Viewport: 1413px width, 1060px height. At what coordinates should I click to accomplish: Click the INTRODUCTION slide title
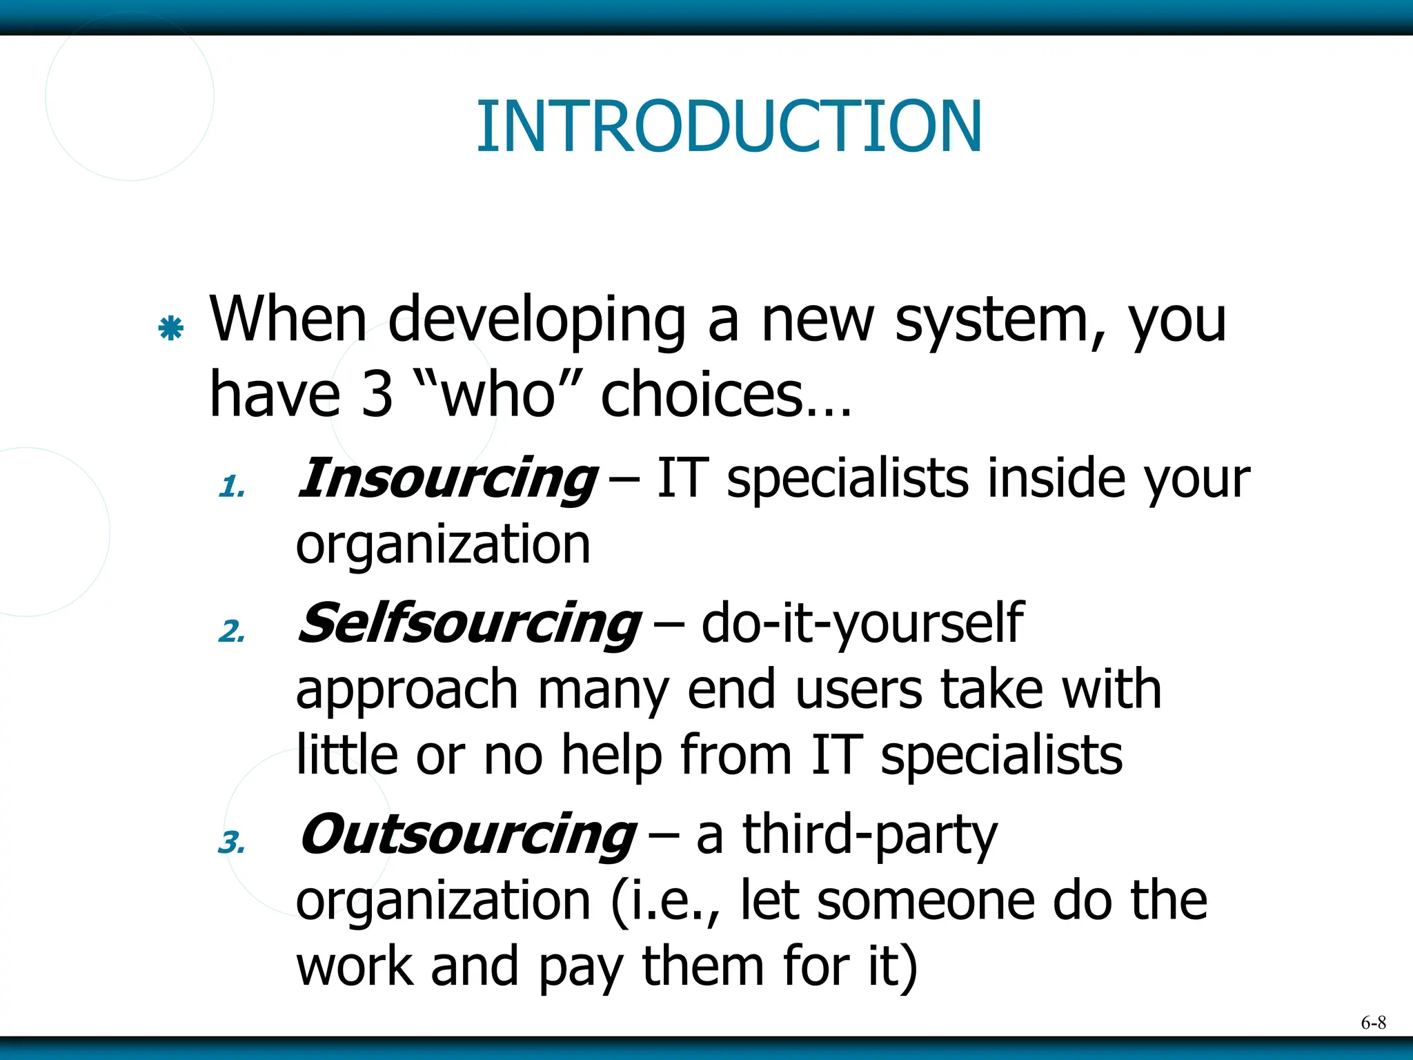click(729, 126)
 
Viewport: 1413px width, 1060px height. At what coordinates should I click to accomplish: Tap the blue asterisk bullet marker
click(170, 328)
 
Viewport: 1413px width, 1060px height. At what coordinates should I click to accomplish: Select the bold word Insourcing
click(447, 478)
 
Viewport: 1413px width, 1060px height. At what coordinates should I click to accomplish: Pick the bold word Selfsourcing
click(469, 623)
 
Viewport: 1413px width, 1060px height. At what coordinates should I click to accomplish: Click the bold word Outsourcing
click(467, 834)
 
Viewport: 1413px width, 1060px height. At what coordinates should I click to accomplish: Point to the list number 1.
click(231, 487)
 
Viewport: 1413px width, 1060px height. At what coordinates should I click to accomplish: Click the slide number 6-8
click(1373, 1023)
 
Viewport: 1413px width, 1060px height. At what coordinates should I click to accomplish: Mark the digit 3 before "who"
click(377, 395)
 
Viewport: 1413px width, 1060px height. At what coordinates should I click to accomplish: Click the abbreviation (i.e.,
click(666, 901)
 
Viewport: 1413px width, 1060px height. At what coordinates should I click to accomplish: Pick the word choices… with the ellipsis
click(726, 395)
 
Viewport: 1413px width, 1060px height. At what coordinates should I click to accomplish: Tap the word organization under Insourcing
click(443, 545)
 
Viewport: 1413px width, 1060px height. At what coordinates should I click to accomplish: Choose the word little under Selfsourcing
click(346, 755)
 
